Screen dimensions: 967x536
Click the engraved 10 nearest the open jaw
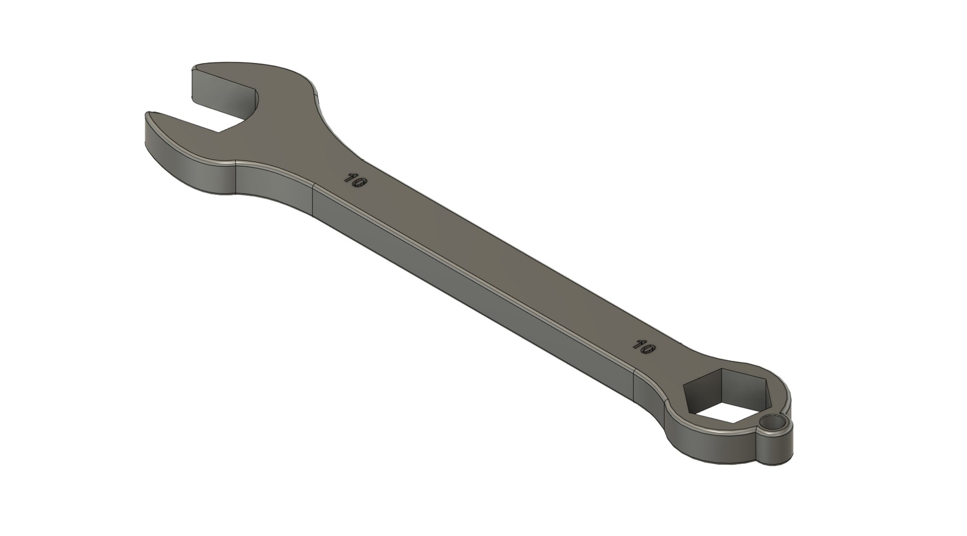pos(356,181)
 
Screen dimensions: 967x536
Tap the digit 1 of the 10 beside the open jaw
pos(350,179)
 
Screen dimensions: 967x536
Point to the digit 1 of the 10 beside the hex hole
pos(639,344)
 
